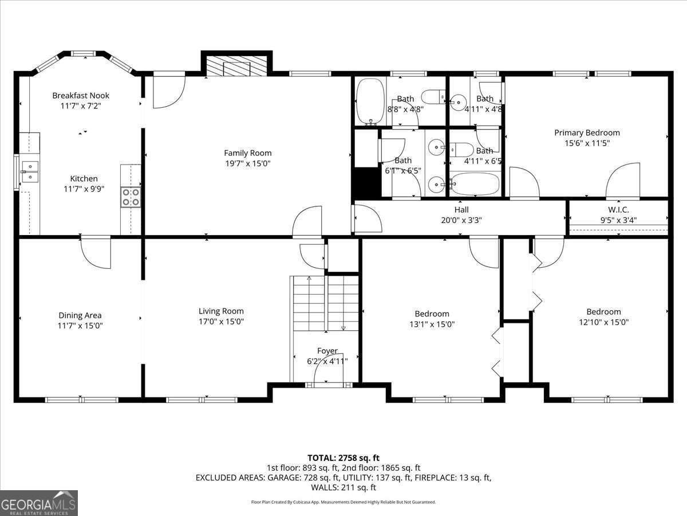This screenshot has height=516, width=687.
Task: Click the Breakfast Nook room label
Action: pos(81,95)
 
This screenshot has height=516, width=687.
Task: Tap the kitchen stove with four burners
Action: pos(131,197)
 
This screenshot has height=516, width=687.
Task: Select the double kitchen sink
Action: pos(29,171)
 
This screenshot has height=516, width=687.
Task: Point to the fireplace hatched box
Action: pos(236,65)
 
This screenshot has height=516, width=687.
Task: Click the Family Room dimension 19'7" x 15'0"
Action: pos(247,163)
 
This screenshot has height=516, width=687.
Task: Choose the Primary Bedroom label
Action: pos(587,132)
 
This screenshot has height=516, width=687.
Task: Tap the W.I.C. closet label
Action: pos(618,210)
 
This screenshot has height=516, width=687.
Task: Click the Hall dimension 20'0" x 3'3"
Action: pos(461,220)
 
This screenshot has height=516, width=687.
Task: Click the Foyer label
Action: pos(327,351)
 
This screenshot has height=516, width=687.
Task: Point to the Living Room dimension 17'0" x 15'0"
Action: pos(221,322)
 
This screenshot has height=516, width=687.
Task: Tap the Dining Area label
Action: pos(80,315)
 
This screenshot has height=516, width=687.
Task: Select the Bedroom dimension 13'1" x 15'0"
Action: pos(432,324)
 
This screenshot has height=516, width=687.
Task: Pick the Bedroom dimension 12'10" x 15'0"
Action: pos(603,322)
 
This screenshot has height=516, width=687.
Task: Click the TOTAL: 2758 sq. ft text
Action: pos(343,458)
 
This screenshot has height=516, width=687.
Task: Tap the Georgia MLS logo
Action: pos(39,503)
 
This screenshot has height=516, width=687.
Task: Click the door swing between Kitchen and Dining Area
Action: pos(96,252)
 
